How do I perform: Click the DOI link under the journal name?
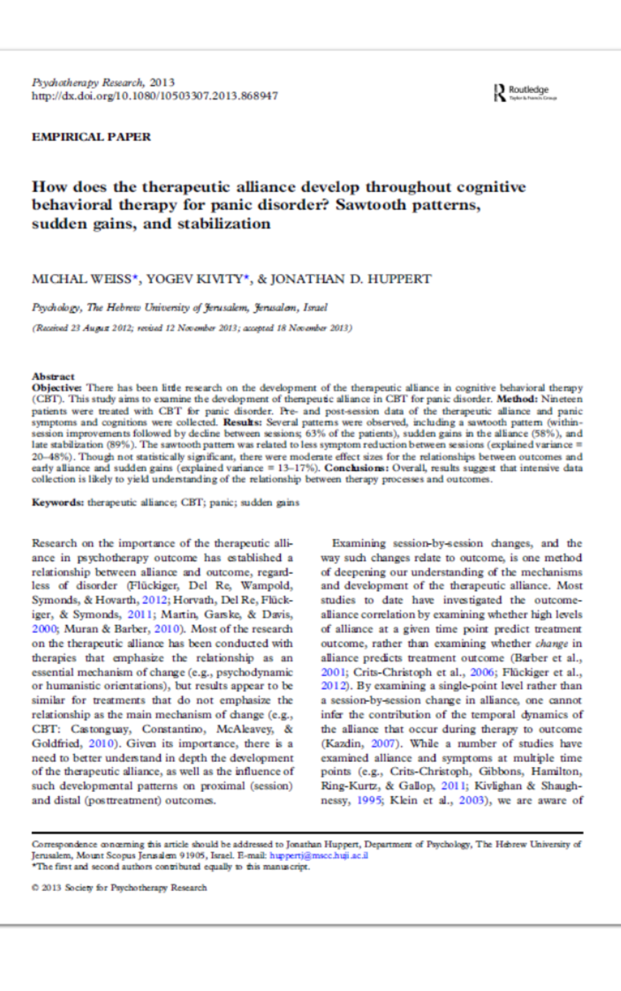[x=155, y=96]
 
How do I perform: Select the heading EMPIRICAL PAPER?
[x=91, y=137]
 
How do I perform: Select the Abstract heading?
[x=53, y=376]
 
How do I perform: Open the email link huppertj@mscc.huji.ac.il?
[x=318, y=855]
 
